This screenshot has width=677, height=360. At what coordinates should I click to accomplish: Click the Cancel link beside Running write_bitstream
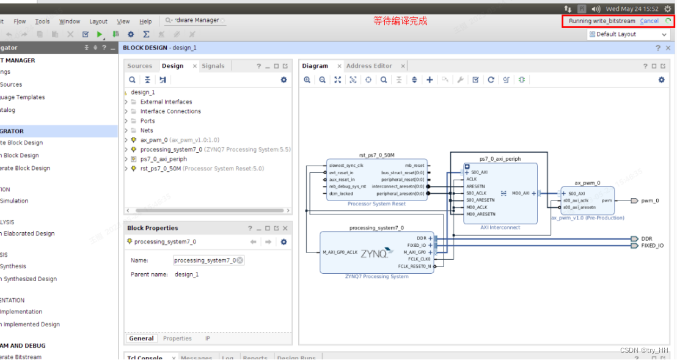click(649, 21)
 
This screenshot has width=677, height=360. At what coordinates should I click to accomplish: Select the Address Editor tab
click(369, 66)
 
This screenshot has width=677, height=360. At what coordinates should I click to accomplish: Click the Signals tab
click(213, 66)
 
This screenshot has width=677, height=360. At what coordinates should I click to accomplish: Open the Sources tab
click(140, 66)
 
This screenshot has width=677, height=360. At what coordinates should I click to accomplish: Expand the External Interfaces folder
click(166, 102)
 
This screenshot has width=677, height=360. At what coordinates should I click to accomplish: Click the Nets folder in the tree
click(147, 130)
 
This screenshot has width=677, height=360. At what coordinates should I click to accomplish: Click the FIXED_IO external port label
click(652, 246)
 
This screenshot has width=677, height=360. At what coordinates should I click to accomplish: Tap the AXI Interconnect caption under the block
click(500, 227)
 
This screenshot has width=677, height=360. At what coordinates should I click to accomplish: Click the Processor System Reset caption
click(376, 204)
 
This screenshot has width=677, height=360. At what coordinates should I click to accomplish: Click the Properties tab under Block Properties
click(177, 339)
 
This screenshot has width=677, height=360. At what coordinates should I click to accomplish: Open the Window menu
click(70, 21)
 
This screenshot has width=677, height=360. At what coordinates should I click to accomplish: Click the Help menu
click(145, 21)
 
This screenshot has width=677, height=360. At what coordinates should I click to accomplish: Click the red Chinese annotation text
click(400, 21)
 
